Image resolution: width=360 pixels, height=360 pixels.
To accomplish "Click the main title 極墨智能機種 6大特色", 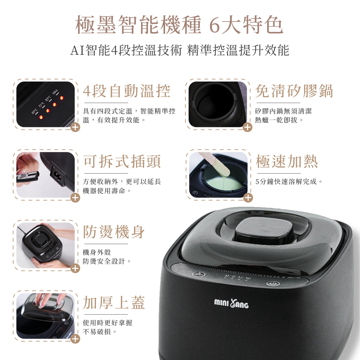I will (179, 25).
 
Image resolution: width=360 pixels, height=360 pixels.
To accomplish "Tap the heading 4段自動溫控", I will (126, 91).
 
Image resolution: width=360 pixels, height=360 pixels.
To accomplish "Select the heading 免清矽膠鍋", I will (294, 91).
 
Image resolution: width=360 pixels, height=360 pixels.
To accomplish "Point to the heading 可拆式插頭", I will (122, 162).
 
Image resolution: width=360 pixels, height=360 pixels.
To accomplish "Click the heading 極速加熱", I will (287, 162).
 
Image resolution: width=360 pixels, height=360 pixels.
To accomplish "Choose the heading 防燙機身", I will (114, 232).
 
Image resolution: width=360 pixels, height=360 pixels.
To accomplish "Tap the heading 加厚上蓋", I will (114, 303).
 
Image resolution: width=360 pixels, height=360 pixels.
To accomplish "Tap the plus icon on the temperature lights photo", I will (75, 127).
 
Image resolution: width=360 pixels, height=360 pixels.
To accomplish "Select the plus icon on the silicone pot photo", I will (247, 127).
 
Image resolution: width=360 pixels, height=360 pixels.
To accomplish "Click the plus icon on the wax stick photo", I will (248, 198).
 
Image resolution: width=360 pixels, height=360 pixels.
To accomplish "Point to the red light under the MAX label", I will (61, 98).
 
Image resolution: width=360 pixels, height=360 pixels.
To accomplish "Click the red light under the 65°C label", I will (40, 117).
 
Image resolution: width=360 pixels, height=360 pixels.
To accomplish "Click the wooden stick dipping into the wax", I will (215, 163).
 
